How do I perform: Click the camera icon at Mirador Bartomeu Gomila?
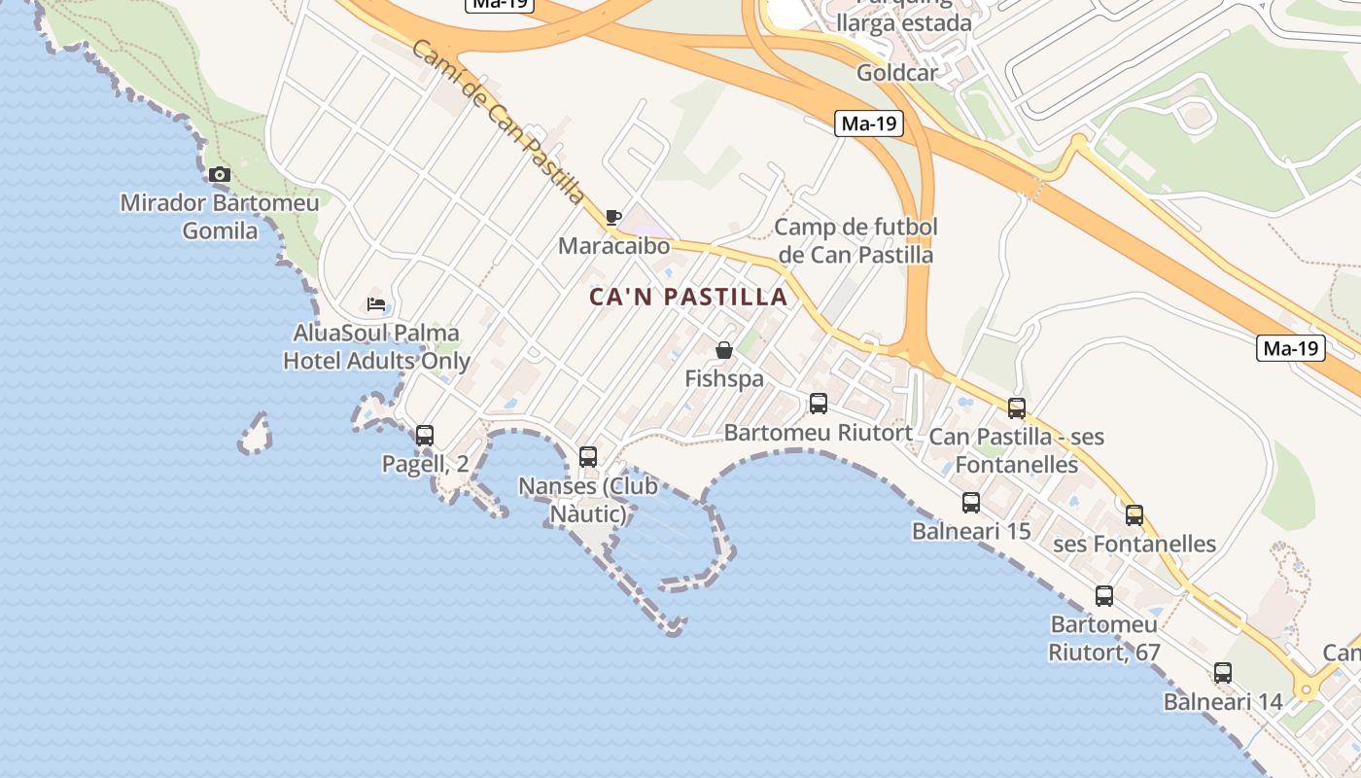pos(220,175)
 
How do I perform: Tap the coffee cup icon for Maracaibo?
pos(612,217)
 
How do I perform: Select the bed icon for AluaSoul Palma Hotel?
pos(376,304)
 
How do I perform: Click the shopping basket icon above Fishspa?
pos(723,350)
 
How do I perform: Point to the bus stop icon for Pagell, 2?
pos(425,436)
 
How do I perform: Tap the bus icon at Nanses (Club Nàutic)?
pos(587,457)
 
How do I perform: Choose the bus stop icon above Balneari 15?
pos(970,503)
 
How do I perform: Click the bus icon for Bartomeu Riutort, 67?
pos(1103,596)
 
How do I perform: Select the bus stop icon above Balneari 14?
pos(1222,673)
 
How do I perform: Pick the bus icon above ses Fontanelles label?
pos(1134,515)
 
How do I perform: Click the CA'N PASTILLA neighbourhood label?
pos(688,298)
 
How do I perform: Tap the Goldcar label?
pos(897,73)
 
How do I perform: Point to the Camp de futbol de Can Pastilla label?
pos(856,241)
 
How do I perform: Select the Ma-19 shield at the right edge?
pos(1291,348)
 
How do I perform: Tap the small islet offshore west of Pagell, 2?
pos(256,435)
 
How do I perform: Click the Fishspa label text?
pos(724,379)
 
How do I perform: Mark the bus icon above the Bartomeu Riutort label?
pos(819,404)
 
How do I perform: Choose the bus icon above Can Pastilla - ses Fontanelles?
pos(1017,408)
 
